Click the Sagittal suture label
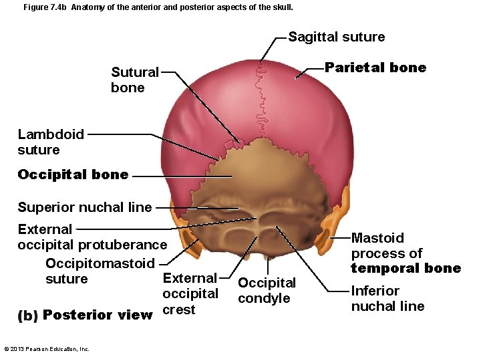pyautogui.click(x=336, y=37)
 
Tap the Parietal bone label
pyautogui.click(x=375, y=68)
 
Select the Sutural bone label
pyautogui.click(x=135, y=80)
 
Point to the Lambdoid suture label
pyautogui.click(x=51, y=142)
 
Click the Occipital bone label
pyautogui.click(x=73, y=175)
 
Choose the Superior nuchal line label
pyautogui.click(x=85, y=207)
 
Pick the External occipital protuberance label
pyautogui.click(x=92, y=237)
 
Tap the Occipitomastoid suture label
pyautogui.click(x=100, y=271)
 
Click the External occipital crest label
pyautogui.click(x=190, y=294)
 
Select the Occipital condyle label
pyautogui.click(x=267, y=291)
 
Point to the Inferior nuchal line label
pyautogui.click(x=387, y=298)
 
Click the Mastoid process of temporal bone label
pyautogui.click(x=406, y=253)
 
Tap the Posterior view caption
pyautogui.click(x=98, y=315)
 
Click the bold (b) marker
pyautogui.click(x=28, y=316)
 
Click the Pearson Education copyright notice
pyautogui.click(x=47, y=349)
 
